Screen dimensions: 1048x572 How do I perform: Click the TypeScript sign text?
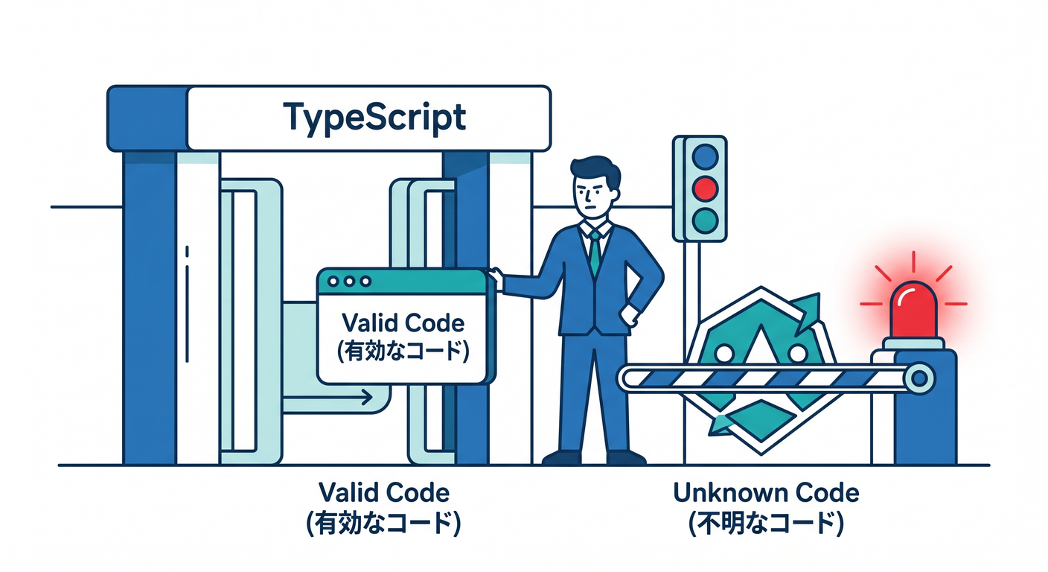coord(374,118)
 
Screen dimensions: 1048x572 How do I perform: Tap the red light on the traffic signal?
coord(705,188)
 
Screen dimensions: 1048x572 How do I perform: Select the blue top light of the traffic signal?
coord(705,156)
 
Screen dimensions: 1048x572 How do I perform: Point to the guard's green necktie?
coord(595,252)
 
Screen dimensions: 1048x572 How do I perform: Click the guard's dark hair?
coord(596,171)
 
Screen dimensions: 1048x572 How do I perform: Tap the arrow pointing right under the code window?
coord(327,398)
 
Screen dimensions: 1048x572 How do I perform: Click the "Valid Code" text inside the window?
coord(403,323)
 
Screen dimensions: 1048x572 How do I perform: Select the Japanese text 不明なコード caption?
coord(766,522)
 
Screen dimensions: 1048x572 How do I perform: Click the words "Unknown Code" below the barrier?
coord(766,492)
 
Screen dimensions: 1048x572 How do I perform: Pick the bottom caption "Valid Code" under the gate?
coord(383,492)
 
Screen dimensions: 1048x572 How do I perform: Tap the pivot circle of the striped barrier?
coord(919,378)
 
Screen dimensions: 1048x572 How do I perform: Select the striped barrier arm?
coord(767,378)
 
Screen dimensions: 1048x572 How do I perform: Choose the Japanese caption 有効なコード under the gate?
coord(383,522)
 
